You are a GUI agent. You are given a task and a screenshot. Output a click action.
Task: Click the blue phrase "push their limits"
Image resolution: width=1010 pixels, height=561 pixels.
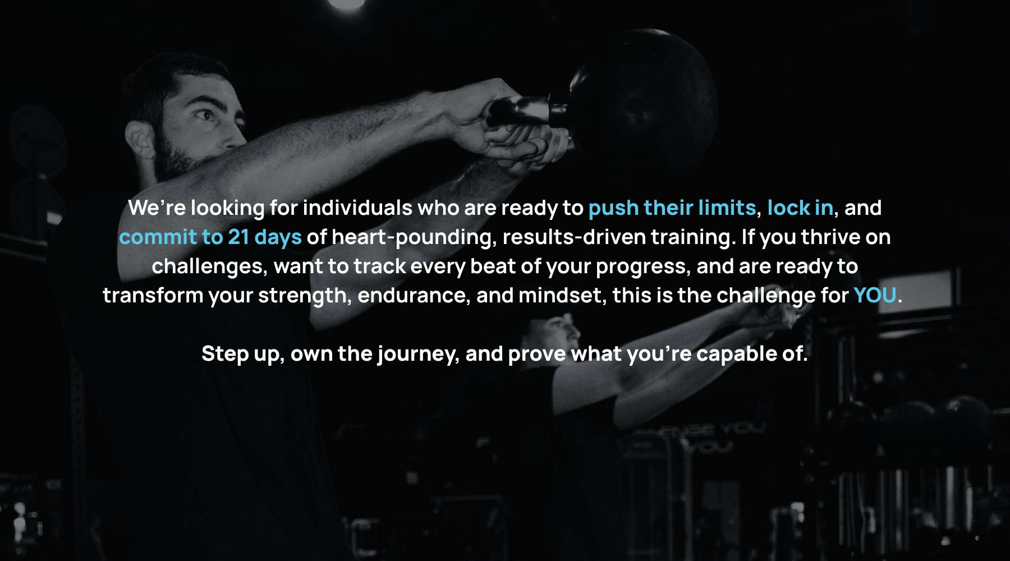[x=672, y=209]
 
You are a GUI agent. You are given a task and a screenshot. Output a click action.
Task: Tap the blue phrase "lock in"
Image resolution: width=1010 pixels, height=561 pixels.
[x=800, y=208]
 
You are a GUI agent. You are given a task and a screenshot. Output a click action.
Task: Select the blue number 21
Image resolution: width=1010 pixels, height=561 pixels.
[x=238, y=237]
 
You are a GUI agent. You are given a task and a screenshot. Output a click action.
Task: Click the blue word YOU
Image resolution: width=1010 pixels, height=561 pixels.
[x=875, y=295]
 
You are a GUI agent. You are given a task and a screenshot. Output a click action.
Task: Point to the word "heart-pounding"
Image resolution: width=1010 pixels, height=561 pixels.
[x=414, y=238]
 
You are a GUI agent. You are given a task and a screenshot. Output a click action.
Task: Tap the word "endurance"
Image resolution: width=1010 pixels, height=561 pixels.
[x=413, y=296]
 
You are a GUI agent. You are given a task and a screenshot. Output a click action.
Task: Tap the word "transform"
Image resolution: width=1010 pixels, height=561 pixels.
[x=153, y=296]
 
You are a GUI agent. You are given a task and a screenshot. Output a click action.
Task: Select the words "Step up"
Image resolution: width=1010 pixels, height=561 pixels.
[x=243, y=355]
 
